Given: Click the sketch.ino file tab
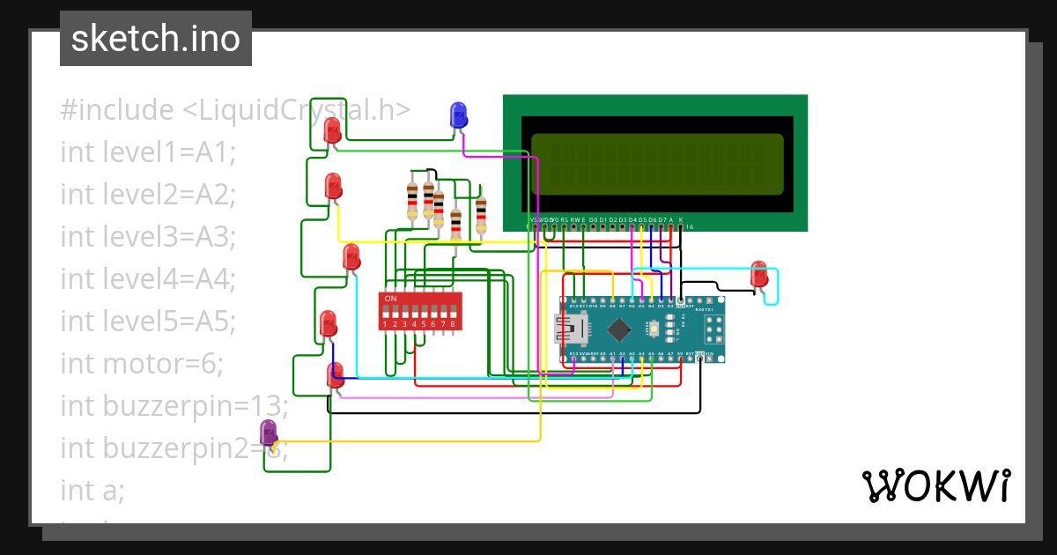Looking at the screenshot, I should click(x=156, y=39).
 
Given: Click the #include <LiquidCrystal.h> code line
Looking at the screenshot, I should click(x=235, y=111).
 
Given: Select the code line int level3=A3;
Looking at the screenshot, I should click(x=148, y=238).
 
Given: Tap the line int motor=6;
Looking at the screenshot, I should click(x=143, y=363).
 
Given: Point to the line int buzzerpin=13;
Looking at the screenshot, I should click(x=174, y=406).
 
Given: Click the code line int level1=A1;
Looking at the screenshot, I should click(x=148, y=152).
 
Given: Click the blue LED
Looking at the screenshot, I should click(x=458, y=115).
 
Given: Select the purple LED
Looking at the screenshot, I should click(x=269, y=433).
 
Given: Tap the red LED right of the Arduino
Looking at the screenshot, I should click(x=758, y=274).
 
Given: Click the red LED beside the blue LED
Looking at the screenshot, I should click(x=332, y=131).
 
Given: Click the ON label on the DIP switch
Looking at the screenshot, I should click(x=390, y=299).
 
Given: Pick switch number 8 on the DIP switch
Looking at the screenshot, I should click(x=453, y=312).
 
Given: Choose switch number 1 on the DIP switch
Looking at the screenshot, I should click(x=385, y=312).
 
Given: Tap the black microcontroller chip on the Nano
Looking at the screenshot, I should click(x=620, y=329).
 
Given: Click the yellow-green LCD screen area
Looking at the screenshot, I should click(x=656, y=164).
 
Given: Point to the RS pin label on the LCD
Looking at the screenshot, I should click(x=564, y=218).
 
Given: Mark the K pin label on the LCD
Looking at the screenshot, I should click(x=680, y=218).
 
